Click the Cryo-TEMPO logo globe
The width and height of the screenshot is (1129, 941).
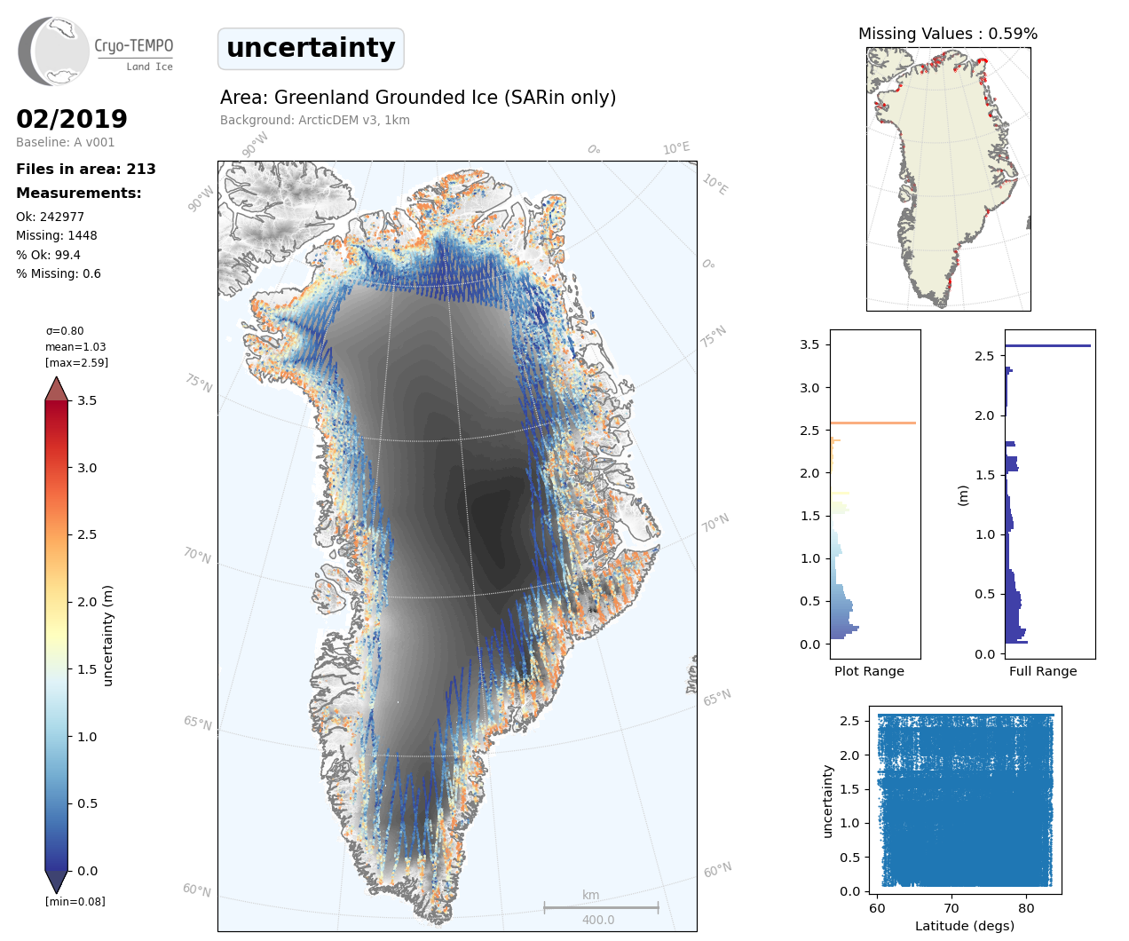click(55, 51)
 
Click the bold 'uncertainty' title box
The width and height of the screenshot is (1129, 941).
click(311, 48)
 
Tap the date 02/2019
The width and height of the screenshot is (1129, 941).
click(72, 119)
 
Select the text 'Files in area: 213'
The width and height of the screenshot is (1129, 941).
click(86, 169)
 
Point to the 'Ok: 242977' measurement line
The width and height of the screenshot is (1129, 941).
click(50, 217)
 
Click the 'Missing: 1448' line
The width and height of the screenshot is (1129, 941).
click(57, 235)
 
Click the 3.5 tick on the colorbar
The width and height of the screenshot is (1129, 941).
click(86, 400)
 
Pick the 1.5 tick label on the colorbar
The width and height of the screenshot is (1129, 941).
click(86, 669)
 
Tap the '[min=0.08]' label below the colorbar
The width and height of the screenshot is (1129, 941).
click(75, 902)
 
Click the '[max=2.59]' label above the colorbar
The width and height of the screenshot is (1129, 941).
click(76, 363)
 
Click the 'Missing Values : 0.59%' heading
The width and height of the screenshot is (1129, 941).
click(948, 34)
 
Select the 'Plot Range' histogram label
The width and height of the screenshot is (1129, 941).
click(869, 671)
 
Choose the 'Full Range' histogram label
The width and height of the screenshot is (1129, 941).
click(1043, 671)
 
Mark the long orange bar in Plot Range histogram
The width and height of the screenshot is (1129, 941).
click(872, 423)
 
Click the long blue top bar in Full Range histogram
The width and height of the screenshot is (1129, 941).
click(1047, 345)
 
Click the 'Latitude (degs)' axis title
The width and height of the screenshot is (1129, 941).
click(965, 926)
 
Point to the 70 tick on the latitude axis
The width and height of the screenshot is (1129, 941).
click(951, 908)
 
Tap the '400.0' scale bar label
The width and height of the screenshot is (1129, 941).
click(598, 920)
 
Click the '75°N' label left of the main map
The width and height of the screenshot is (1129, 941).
click(199, 383)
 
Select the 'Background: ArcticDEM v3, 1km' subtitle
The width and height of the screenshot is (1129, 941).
click(315, 120)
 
